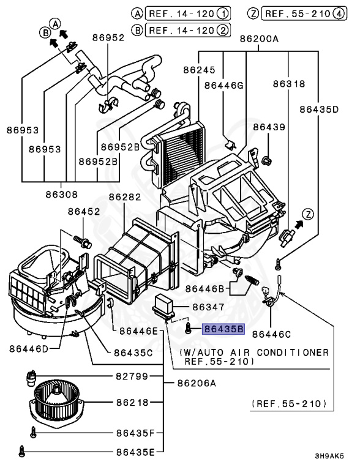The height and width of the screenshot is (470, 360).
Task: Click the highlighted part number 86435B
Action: [x=224, y=329]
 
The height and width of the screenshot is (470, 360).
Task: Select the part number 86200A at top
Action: [x=259, y=39]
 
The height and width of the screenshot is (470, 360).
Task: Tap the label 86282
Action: [x=125, y=197]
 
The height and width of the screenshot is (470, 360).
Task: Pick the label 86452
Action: [x=84, y=211]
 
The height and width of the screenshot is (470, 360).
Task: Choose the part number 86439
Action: [x=269, y=127]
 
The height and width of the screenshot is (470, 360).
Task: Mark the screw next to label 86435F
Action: [x=35, y=432]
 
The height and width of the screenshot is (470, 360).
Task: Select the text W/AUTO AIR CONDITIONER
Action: [x=253, y=353]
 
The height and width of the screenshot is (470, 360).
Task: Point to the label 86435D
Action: [x=319, y=110]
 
